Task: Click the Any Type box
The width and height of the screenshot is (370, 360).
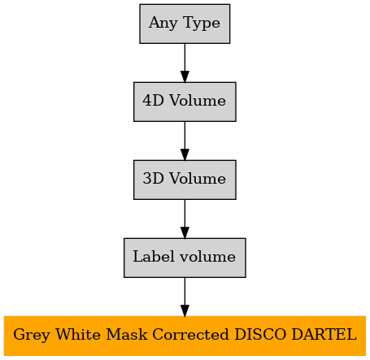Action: click(x=185, y=24)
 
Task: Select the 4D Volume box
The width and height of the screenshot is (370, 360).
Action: click(x=185, y=102)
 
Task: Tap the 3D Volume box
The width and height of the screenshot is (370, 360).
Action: click(x=185, y=180)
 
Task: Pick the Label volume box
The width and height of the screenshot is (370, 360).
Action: click(x=185, y=258)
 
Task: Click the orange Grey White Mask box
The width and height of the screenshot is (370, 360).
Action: click(x=185, y=336)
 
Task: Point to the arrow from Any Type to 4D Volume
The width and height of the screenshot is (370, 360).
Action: click(x=185, y=63)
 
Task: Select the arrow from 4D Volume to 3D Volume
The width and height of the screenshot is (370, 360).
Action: click(x=185, y=141)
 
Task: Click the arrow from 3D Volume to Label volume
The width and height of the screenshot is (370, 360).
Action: click(x=185, y=219)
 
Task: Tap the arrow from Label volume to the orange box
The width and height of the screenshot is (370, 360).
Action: click(x=185, y=297)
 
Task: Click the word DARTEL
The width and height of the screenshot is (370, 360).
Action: click(x=324, y=334)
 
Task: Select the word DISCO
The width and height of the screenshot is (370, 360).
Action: click(x=260, y=334)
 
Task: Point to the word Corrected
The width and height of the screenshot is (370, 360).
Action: click(x=190, y=334)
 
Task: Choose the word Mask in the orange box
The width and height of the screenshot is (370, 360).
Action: click(x=127, y=334)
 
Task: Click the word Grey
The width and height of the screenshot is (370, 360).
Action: click(x=32, y=336)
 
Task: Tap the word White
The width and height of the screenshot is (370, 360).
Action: click(x=78, y=334)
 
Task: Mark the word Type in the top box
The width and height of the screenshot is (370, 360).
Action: click(x=202, y=24)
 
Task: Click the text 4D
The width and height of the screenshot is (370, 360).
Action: click(x=153, y=100)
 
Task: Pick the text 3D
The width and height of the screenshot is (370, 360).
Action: click(x=153, y=178)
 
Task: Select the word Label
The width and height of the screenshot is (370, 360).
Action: click(x=154, y=256)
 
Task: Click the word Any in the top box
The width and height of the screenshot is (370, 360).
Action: click(x=163, y=24)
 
